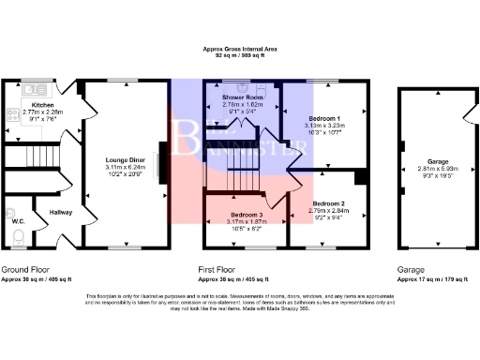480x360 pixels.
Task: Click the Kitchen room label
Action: pos(43,105)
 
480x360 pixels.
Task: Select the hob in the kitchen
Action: pos(11,116)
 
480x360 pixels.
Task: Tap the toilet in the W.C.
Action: pos(10,210)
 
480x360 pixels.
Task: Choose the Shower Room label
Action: pos(241,97)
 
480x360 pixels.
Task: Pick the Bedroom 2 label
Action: pos(328,203)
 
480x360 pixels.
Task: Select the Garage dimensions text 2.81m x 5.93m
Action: pos(432,169)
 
